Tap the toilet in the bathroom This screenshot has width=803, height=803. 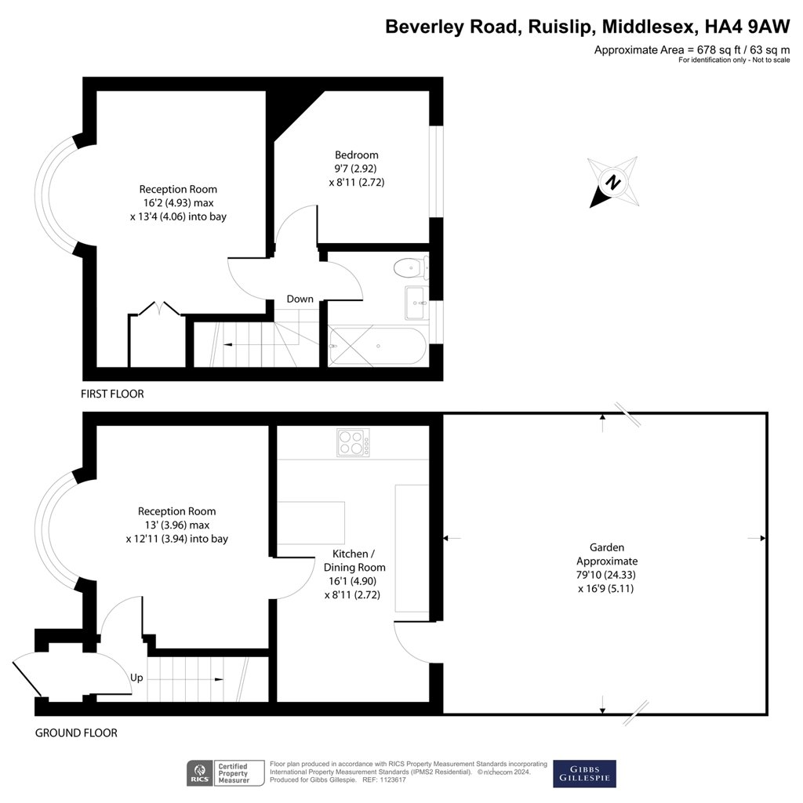[410, 268]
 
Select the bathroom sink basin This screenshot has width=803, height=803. [415, 303]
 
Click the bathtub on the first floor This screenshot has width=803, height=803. [378, 346]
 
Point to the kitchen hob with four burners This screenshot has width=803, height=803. [354, 442]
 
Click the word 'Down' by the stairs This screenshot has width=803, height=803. [300, 299]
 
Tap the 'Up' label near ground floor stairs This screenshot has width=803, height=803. [136, 678]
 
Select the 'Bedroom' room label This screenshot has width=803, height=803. [356, 154]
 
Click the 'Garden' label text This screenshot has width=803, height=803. [607, 547]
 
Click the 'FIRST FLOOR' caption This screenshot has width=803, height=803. [112, 394]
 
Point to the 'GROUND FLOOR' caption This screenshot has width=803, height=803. [76, 733]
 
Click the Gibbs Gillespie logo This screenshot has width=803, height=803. [584, 773]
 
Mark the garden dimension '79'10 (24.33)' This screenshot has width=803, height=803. [607, 575]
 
